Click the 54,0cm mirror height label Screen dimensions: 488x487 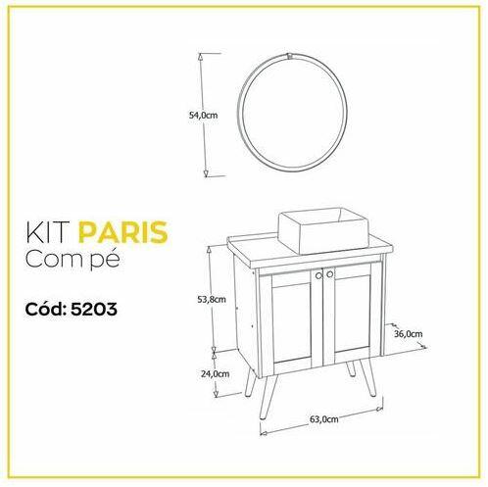(203, 115)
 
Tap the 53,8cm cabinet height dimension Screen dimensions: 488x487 (212, 299)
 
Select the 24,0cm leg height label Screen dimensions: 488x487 (215, 373)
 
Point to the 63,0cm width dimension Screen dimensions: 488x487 (323, 419)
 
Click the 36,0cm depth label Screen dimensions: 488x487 (408, 334)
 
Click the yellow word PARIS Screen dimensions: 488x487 (123, 232)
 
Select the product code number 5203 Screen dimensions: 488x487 (94, 309)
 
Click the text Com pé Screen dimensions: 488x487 (73, 260)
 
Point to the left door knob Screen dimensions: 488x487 (318, 276)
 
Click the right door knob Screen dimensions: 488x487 (329, 274)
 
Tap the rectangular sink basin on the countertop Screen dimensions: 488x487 (323, 230)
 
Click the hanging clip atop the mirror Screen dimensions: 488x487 (289, 56)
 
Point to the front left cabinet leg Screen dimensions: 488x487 (268, 396)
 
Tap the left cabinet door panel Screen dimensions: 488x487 (292, 320)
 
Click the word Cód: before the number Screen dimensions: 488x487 (46, 309)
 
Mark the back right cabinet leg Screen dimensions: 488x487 (351, 368)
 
